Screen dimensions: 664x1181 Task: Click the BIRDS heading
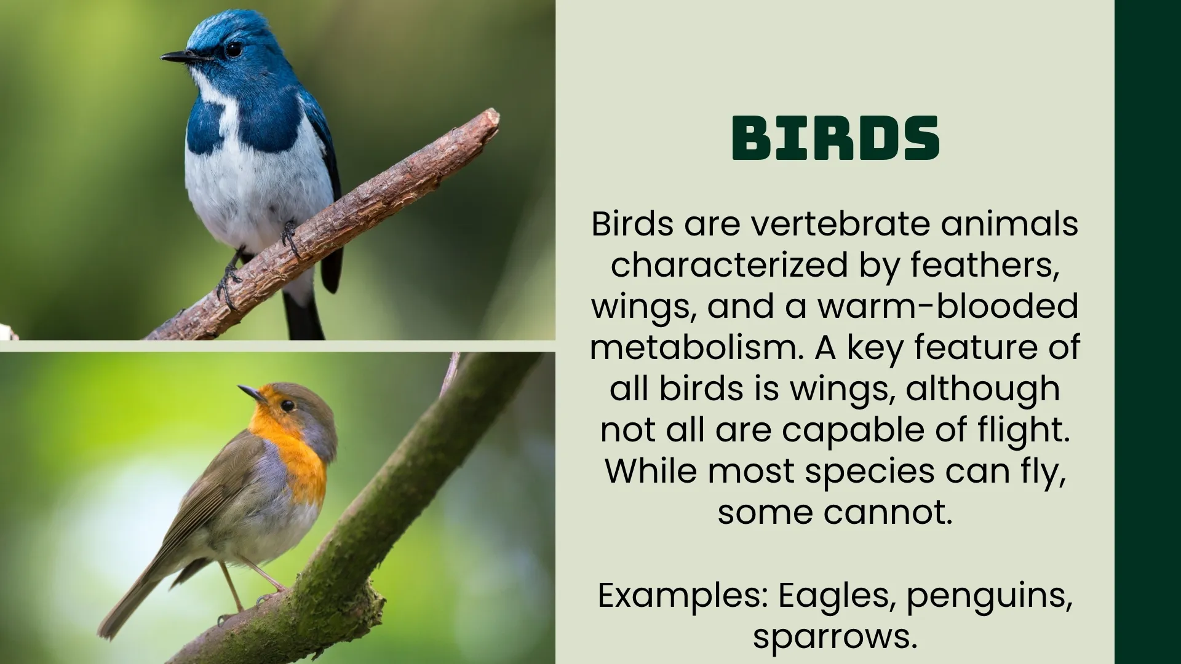tap(835, 138)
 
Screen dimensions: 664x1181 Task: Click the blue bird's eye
tap(233, 49)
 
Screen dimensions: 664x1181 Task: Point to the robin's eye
tap(287, 405)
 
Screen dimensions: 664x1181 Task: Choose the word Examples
tap(682, 595)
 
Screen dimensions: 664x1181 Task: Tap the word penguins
tap(989, 596)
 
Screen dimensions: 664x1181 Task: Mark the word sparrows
tap(835, 636)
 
